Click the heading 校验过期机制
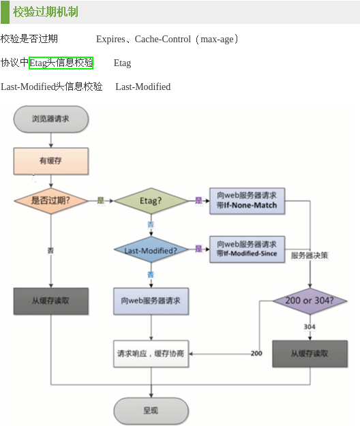tap(45, 12)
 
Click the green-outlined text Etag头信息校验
tap(61, 63)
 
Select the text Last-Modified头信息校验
tap(52, 87)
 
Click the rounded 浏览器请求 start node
tap(50, 119)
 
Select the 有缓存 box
tap(50, 161)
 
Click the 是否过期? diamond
tap(50, 201)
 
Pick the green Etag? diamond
tap(150, 201)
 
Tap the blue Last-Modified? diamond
tap(150, 251)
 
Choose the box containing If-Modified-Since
tap(247, 249)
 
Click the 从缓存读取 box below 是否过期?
tap(50, 301)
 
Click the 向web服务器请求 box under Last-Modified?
tap(150, 301)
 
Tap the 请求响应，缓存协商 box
tap(150, 353)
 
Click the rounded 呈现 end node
tap(150, 410)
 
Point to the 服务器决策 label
tap(310, 256)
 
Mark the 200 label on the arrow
tap(256, 353)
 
